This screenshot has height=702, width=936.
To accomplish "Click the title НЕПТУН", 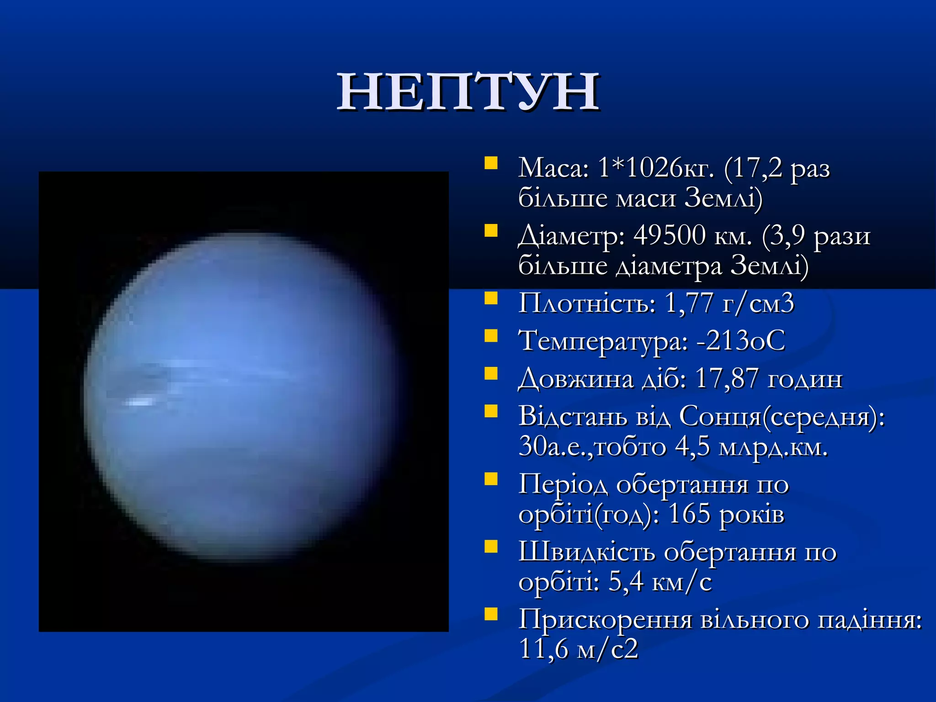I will pos(468,92).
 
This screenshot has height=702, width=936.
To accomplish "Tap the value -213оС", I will pos(740,340).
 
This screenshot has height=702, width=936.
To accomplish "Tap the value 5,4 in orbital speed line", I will pos(626,582).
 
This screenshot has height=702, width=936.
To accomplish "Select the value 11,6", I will pos(543,649).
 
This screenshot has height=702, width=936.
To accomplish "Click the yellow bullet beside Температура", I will pos(491,336).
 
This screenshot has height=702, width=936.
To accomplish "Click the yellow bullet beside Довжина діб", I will pos(491,374).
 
